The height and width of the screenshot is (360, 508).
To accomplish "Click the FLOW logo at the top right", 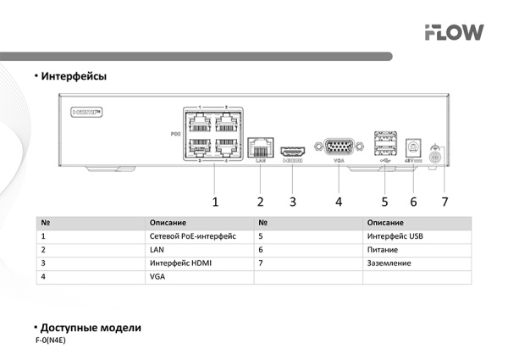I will (454, 32).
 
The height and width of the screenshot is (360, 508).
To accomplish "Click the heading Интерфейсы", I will (74, 77).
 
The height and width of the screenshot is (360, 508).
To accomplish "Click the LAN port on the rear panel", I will (261, 145).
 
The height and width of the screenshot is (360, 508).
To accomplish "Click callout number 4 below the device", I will (339, 202).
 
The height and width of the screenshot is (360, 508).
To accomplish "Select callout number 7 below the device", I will (444, 202).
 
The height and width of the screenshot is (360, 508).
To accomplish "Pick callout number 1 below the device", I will (215, 202).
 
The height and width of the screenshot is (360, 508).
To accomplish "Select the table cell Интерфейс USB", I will (395, 236).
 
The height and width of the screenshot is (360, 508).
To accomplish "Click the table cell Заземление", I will (390, 263).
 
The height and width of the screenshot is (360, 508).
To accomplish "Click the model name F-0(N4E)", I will (50, 340).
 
